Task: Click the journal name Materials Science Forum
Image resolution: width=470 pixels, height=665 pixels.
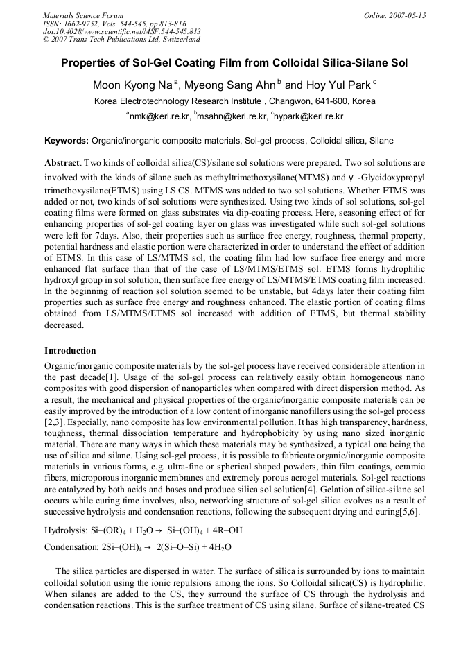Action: tap(83, 15)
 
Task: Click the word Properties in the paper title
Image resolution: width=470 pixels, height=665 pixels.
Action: tap(92, 63)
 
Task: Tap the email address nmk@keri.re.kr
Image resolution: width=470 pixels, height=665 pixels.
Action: tap(158, 116)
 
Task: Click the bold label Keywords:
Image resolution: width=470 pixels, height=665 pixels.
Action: tap(67, 140)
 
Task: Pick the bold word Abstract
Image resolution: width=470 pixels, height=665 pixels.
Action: tap(62, 162)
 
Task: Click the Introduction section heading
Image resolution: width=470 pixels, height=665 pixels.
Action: tap(70, 351)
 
